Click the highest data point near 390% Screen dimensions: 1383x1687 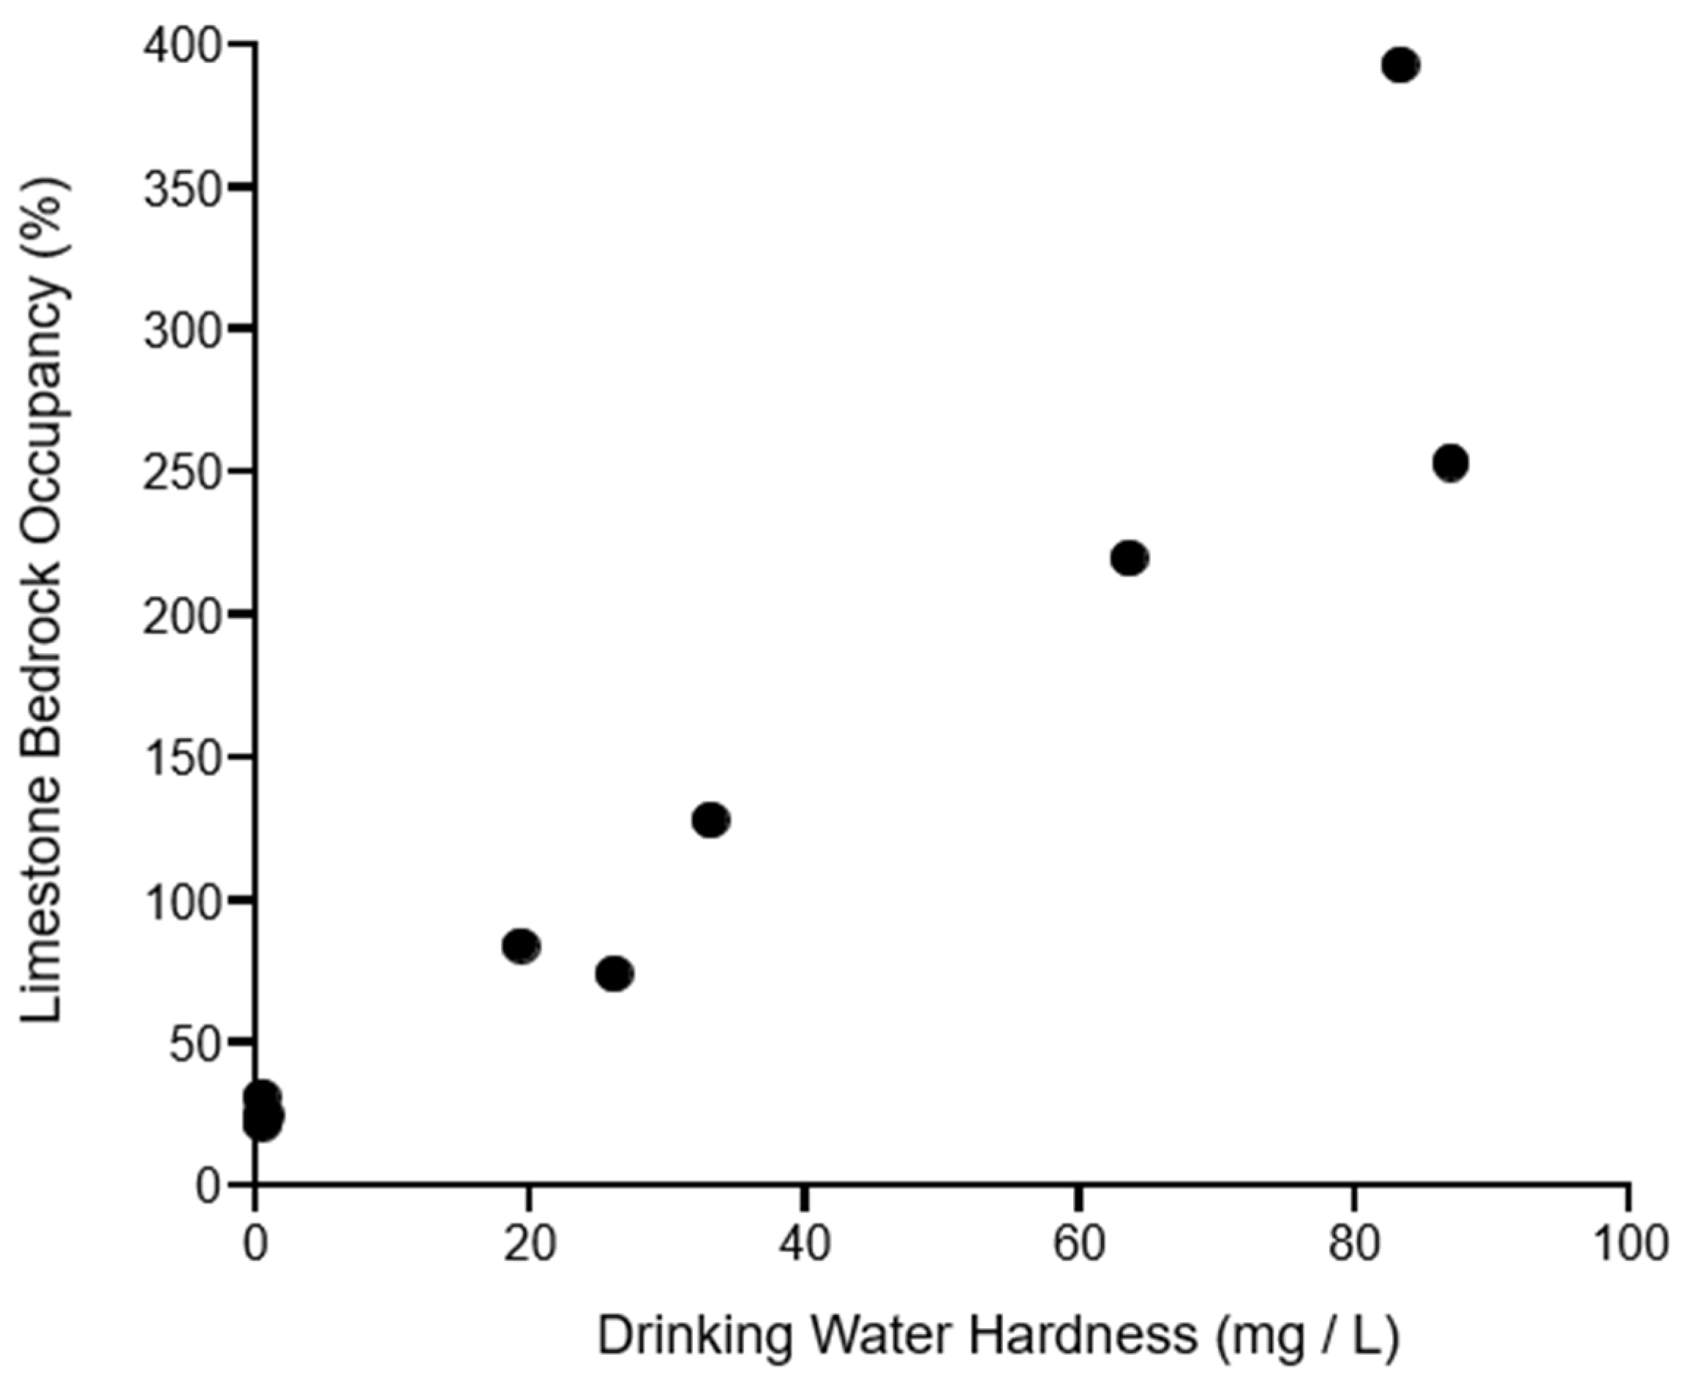pos(1400,65)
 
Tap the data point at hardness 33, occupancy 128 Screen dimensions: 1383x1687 pos(711,820)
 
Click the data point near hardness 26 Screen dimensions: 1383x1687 pos(615,973)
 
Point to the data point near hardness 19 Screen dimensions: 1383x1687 pos(521,946)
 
